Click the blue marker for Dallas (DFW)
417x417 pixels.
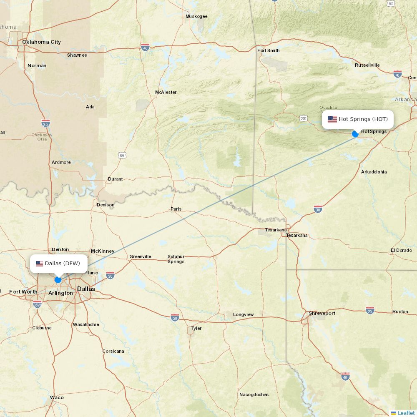tap(58, 280)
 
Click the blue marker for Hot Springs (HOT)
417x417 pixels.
tap(355, 134)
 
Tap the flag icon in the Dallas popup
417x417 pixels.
tap(40, 264)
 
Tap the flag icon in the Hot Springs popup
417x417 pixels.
tap(332, 119)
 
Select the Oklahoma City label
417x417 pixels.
tap(41, 42)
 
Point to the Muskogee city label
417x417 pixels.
tap(196, 17)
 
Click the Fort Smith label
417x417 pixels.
tap(268, 50)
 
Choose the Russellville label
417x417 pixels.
tap(367, 65)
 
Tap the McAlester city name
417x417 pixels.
tap(166, 92)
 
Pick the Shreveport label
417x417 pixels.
tap(322, 313)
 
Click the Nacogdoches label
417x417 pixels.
tap(254, 394)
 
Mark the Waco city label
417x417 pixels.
tap(57, 397)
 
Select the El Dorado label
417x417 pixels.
tap(401, 250)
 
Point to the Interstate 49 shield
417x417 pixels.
tap(345, 377)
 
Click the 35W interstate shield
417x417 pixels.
tap(37, 304)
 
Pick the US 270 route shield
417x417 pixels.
tap(304, 119)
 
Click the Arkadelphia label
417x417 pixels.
tap(374, 172)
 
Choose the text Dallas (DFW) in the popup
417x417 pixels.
tap(63, 264)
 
